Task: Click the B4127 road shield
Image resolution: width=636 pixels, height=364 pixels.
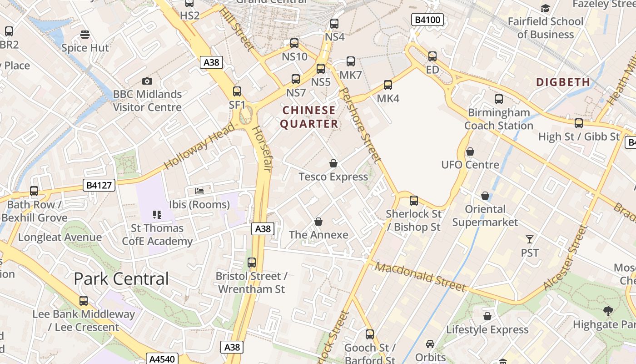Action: tap(99, 185)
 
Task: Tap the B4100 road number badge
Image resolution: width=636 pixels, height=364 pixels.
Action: tap(427, 20)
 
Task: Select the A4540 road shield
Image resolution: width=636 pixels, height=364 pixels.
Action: tap(162, 359)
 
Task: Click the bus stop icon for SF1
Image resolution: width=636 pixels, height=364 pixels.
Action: tap(237, 91)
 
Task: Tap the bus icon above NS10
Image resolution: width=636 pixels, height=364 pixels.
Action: tap(294, 43)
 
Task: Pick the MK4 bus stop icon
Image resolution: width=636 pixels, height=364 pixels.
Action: tap(388, 85)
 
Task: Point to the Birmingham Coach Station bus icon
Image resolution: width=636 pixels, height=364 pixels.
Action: tap(498, 99)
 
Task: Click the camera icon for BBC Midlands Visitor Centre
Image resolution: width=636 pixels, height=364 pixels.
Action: tap(147, 81)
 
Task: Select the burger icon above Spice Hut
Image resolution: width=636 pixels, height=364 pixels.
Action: tap(84, 35)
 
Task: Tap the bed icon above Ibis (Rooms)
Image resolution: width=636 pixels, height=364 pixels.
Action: tap(199, 191)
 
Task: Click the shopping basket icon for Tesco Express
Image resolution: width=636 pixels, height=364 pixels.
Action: tap(333, 163)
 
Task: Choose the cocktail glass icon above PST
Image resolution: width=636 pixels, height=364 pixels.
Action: tap(529, 239)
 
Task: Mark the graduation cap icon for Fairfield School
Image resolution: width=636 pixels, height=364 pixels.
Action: tap(545, 8)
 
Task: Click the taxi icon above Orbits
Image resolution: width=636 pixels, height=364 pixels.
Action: tap(430, 344)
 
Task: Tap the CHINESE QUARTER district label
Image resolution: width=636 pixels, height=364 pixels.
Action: tap(309, 117)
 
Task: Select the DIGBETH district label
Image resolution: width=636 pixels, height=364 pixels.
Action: tap(563, 82)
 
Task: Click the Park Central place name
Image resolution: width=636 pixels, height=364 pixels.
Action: tap(121, 278)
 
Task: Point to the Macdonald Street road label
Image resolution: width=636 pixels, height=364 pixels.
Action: tap(420, 277)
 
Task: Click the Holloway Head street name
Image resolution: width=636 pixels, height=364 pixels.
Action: tap(199, 146)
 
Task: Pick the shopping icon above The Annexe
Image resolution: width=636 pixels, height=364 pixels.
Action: tap(318, 222)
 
